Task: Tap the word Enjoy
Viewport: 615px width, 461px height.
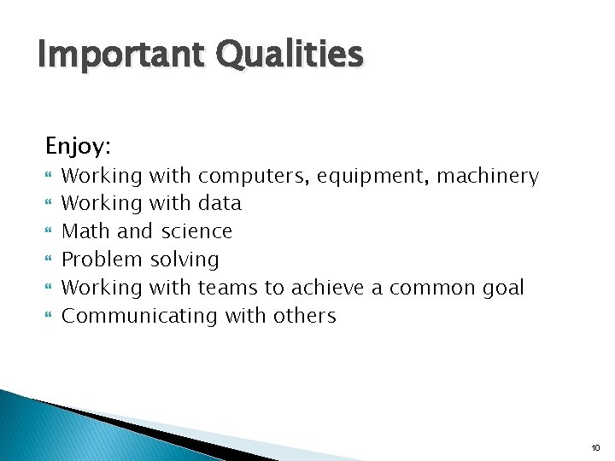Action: coord(78,147)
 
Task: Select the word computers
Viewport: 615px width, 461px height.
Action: coord(255,177)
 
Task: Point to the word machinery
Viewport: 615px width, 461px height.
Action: coord(488,177)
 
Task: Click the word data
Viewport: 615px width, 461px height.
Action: coord(220,203)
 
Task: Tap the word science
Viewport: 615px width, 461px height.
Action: coord(196,231)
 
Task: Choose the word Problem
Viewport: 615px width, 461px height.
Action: coord(103,260)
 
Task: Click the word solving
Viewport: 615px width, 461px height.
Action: coord(184,260)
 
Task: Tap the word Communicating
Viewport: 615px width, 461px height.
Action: coord(141,316)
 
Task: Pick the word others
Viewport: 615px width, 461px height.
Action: coord(305,316)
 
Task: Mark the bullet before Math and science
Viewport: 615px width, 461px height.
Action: coord(49,232)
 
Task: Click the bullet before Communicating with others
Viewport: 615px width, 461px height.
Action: coord(49,317)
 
